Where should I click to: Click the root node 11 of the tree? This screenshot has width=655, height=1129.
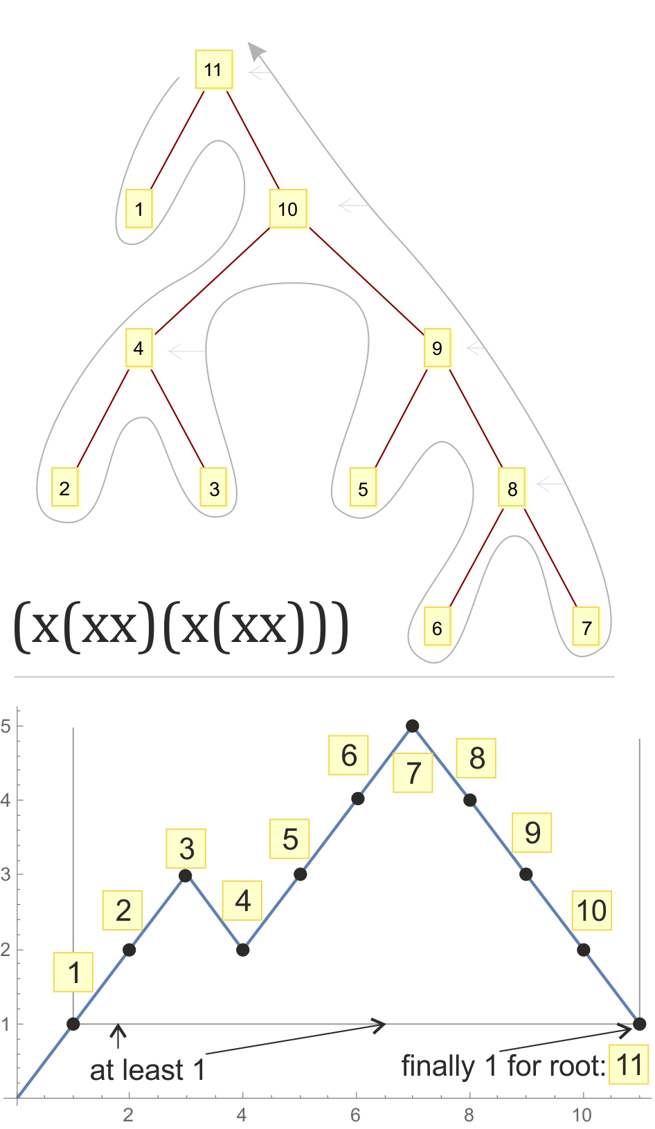(214, 70)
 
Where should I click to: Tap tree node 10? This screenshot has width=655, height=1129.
(288, 209)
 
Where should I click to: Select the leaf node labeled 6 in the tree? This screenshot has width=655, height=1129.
(437, 627)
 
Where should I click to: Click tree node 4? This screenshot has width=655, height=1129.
(138, 348)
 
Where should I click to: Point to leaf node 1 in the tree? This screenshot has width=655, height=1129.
(138, 209)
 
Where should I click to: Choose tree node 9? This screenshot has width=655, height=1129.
(437, 348)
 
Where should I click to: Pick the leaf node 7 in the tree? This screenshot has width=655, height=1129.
(586, 627)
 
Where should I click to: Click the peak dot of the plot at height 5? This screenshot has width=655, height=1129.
(412, 726)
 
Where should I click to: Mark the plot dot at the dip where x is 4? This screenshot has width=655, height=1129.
(243, 950)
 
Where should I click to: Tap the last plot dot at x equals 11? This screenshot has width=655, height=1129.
(639, 1024)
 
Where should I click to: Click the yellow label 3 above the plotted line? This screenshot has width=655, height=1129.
(186, 847)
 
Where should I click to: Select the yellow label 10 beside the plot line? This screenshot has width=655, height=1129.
(592, 910)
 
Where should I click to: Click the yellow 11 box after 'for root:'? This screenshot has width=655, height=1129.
(628, 1064)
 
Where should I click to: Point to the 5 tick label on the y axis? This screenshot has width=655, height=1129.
(5, 726)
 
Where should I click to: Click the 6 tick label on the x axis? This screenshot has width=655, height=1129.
(356, 1115)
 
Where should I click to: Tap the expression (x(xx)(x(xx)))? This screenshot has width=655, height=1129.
(181, 627)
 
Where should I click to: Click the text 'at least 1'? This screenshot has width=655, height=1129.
(147, 1070)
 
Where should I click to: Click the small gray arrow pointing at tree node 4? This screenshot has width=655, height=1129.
(186, 351)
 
